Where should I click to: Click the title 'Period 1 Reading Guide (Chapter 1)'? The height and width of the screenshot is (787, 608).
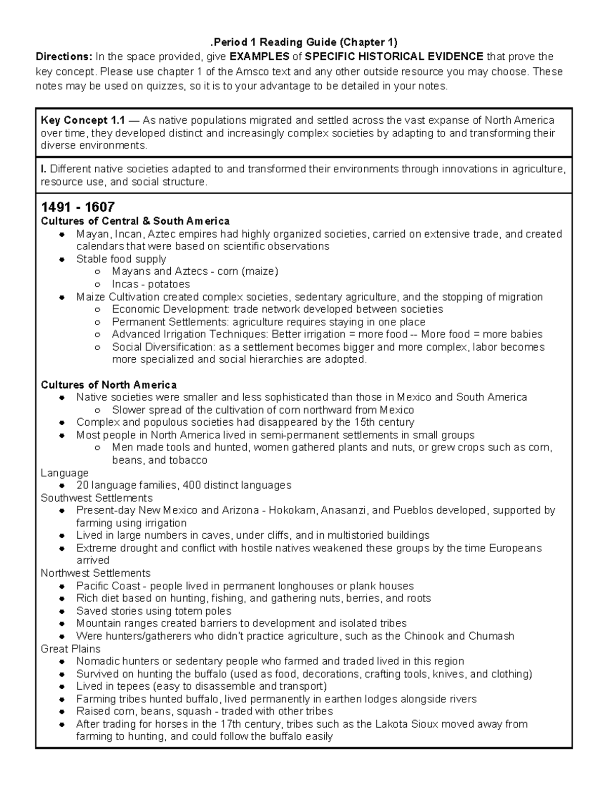coord(304,42)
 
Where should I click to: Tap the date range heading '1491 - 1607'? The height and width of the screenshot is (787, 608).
coord(78,207)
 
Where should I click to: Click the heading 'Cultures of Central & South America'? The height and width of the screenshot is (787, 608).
coord(135,221)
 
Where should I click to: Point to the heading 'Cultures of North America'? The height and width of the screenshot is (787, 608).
coord(108,385)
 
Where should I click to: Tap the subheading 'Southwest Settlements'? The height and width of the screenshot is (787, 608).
coord(96,498)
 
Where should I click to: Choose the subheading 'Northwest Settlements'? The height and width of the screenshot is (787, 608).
coord(95,573)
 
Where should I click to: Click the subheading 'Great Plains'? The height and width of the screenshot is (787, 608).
coord(70,649)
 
